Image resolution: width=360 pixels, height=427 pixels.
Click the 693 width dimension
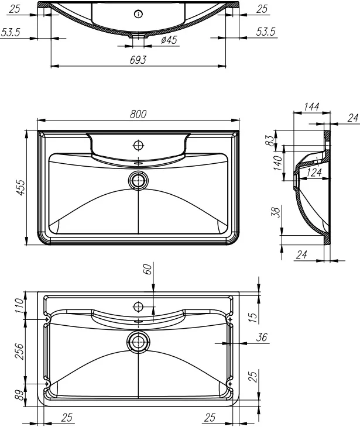point(138,60)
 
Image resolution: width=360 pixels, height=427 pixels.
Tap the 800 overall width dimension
point(138,114)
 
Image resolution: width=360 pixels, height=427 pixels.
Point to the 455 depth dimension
point(20,187)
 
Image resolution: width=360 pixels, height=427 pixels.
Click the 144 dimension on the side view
point(311,106)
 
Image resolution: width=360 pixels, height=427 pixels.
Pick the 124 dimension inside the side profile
point(314,172)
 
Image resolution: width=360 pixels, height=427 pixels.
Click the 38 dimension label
point(279,212)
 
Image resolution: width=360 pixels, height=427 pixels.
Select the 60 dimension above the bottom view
point(148,268)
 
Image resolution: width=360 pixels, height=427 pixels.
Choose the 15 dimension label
point(253,316)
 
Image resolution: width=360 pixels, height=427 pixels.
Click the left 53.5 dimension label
point(11,33)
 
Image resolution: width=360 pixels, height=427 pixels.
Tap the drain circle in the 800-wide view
point(139,180)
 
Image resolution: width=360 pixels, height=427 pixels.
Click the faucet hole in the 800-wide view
point(139,144)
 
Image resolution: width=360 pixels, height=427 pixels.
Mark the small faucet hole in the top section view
point(138,14)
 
